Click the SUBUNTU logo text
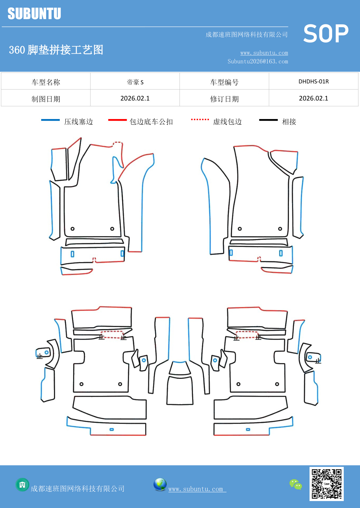(34, 14)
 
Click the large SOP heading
(325, 34)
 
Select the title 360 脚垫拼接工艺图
(56, 50)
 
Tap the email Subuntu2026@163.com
(258, 61)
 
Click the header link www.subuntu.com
(264, 53)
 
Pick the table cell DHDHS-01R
(314, 81)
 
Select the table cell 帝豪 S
(135, 82)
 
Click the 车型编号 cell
(224, 82)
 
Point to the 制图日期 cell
(46, 99)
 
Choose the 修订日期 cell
(224, 99)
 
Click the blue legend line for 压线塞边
(50, 120)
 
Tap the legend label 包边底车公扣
(151, 122)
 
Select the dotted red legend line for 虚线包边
(200, 119)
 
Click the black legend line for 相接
(268, 120)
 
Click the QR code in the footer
(326, 484)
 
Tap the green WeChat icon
(296, 485)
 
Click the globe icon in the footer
(160, 485)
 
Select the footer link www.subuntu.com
(197, 489)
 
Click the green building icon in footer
(22, 485)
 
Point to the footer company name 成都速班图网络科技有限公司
(77, 489)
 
